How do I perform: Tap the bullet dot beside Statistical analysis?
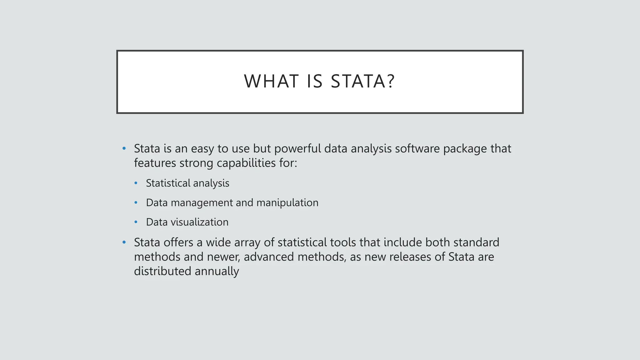click(136, 183)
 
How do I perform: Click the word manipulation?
click(287, 203)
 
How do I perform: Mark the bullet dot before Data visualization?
click(136, 222)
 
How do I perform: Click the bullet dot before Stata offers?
click(124, 242)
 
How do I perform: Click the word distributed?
click(162, 271)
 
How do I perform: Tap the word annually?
click(217, 272)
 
